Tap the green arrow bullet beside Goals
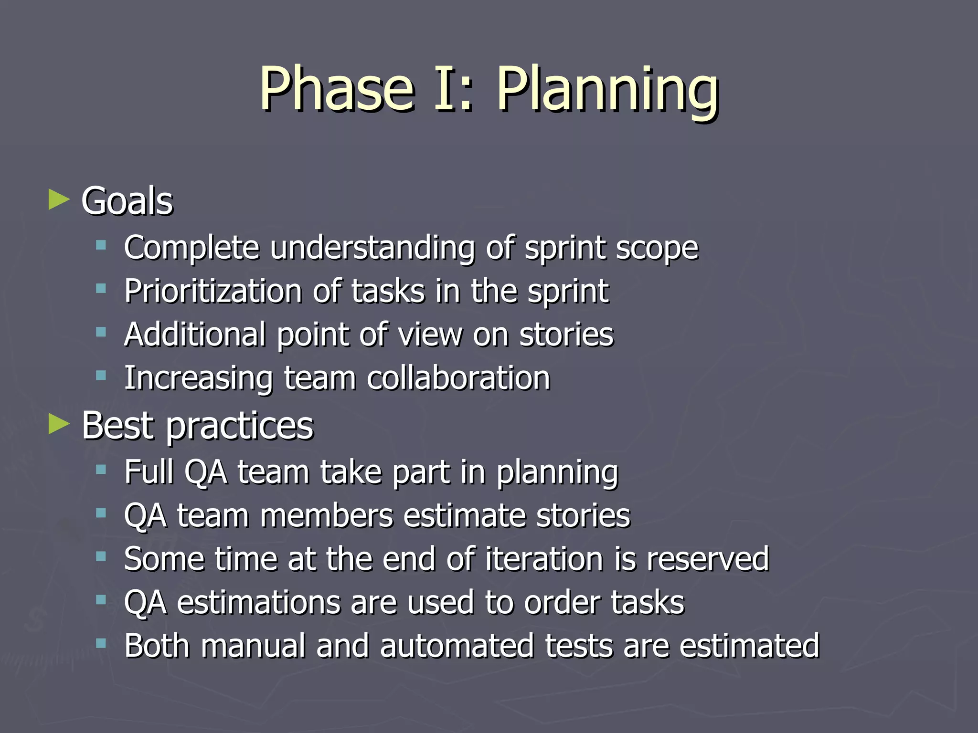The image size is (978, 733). click(x=59, y=199)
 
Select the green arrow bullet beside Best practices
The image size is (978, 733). click(x=59, y=424)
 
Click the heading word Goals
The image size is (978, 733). click(x=127, y=201)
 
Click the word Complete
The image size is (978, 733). click(x=191, y=248)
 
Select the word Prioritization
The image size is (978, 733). click(x=213, y=291)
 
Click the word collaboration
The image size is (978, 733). click(x=458, y=378)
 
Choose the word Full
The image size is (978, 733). click(x=149, y=472)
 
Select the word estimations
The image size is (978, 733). click(x=258, y=602)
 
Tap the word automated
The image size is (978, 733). click(x=457, y=646)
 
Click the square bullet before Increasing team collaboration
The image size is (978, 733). click(x=101, y=376)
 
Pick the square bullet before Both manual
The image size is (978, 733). click(x=101, y=644)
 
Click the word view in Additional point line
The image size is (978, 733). click(x=430, y=335)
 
